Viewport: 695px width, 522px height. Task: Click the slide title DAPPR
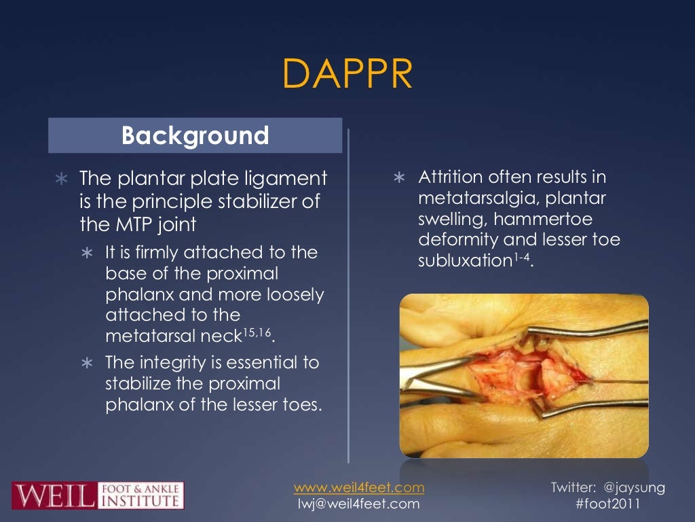[x=347, y=74]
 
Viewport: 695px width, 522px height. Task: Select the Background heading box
[x=195, y=135]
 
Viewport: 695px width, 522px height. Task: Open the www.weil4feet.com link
[x=359, y=487]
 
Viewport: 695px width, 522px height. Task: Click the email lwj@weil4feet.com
[x=359, y=504]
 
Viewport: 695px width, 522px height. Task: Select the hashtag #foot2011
[x=608, y=504]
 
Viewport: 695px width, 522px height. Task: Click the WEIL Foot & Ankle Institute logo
[x=98, y=495]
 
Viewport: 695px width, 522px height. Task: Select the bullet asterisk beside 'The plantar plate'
[x=61, y=180]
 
